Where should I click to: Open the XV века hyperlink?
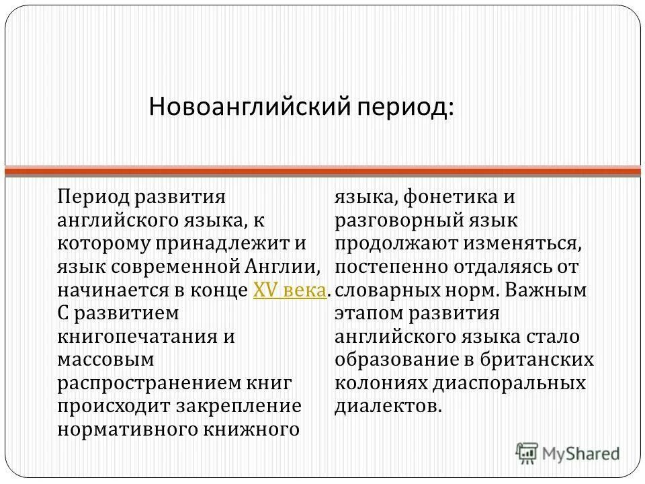point(291,290)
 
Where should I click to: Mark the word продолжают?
point(401,244)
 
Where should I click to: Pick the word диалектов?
point(388,406)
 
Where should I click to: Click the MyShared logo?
point(568,453)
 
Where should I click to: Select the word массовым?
point(105,360)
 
